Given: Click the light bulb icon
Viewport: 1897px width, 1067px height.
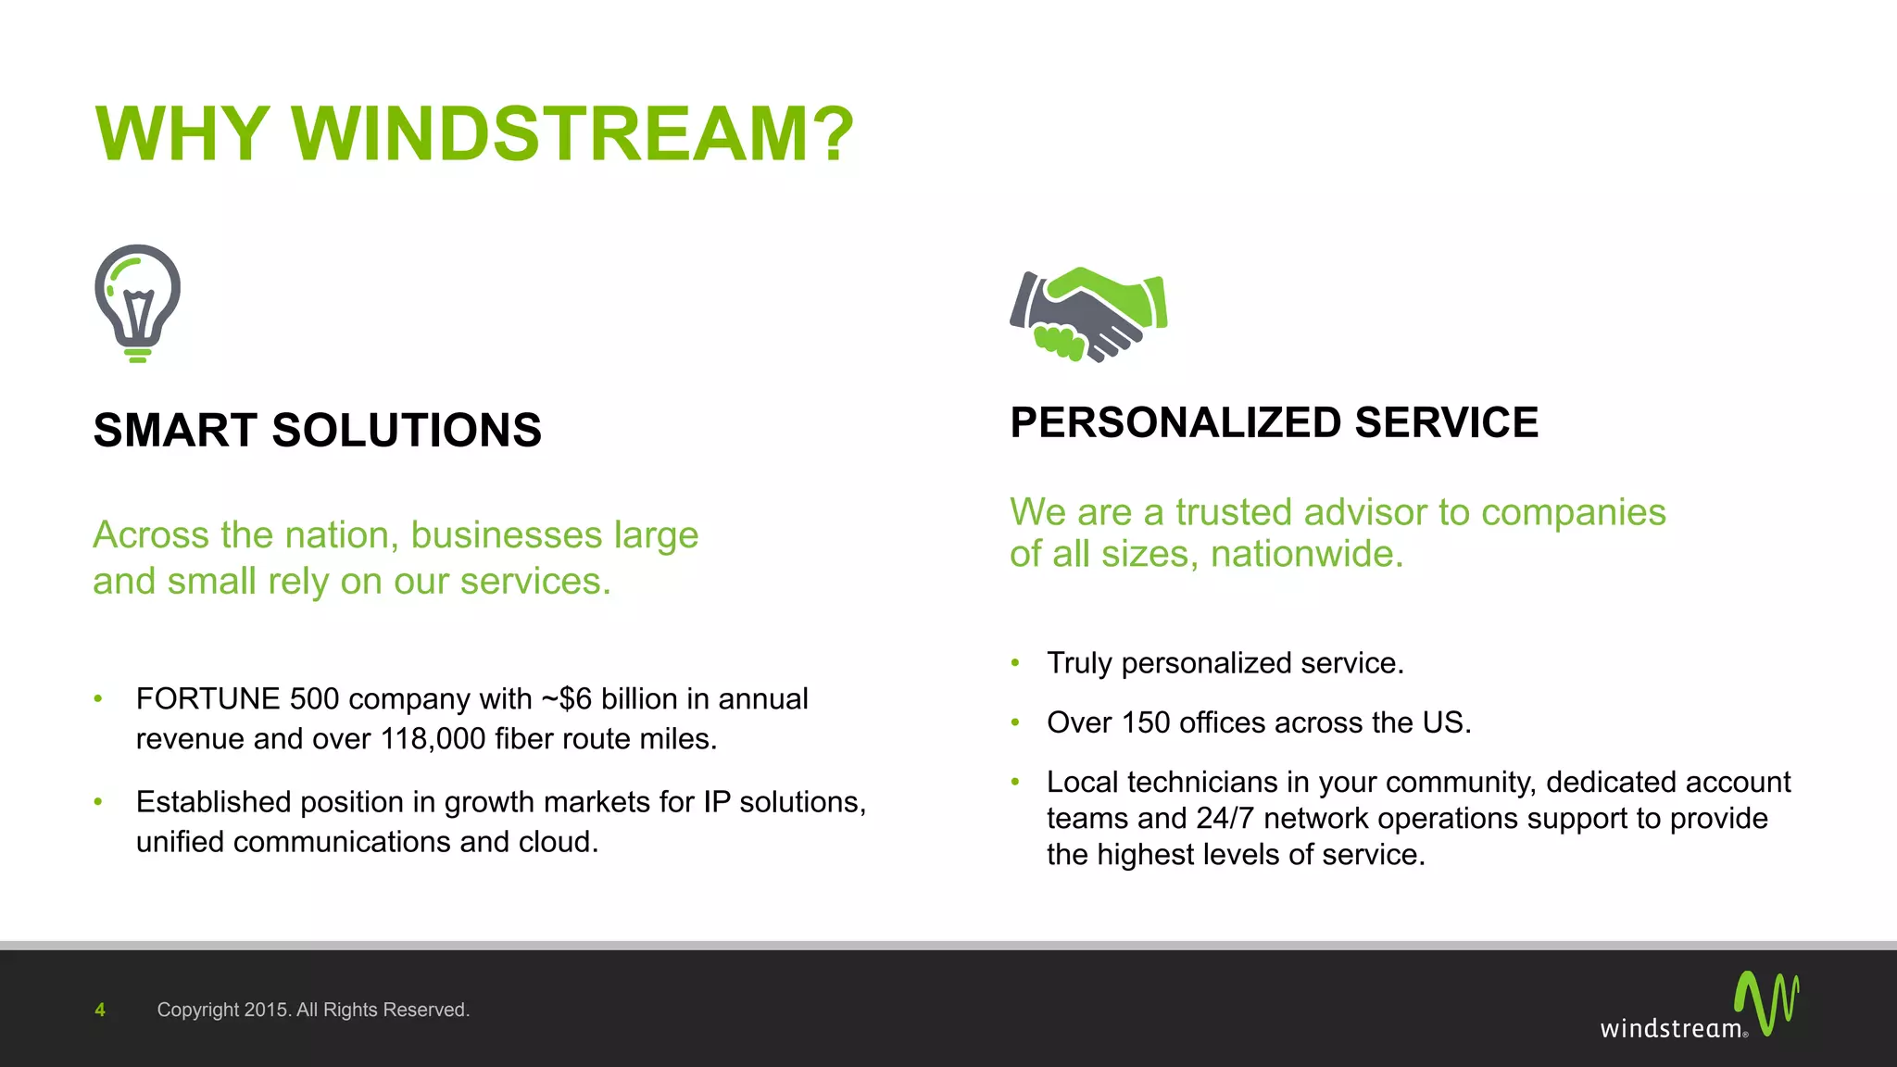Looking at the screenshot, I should point(137,303).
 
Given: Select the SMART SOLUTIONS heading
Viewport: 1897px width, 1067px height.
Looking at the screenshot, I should point(317,431).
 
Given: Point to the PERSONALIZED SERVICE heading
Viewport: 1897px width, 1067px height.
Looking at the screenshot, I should point(1274,423).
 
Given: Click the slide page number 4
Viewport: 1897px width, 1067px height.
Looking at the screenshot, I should point(100,1010).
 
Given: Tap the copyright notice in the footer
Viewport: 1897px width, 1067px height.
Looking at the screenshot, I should point(313,1010).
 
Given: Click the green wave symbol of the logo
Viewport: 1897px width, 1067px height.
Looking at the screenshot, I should point(1766,1002).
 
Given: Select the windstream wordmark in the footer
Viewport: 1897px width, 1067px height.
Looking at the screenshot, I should point(1671,1029).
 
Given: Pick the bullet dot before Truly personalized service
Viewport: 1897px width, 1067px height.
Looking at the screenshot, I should point(1015,663).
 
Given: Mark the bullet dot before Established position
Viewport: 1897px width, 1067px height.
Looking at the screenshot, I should point(98,802).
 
